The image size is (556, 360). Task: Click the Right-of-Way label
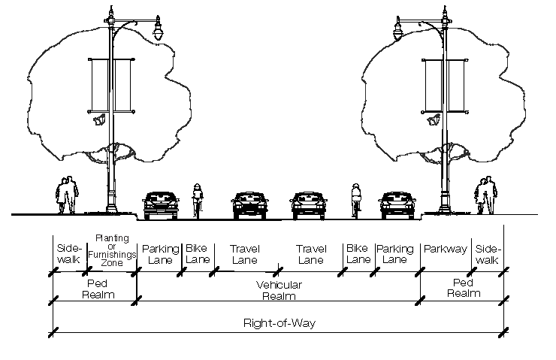pyautogui.click(x=279, y=324)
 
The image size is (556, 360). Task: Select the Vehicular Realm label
pyautogui.click(x=279, y=290)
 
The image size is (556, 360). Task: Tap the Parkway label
pyautogui.click(x=446, y=249)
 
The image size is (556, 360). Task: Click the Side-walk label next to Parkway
pyautogui.click(x=488, y=254)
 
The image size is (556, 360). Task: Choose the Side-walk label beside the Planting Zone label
pyautogui.click(x=69, y=254)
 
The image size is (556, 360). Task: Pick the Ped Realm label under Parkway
pyautogui.click(x=463, y=288)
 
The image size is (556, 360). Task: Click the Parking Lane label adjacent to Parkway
pyautogui.click(x=395, y=254)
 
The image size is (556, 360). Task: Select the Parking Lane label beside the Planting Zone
pyautogui.click(x=160, y=254)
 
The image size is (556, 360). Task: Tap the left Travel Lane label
pyautogui.click(x=245, y=254)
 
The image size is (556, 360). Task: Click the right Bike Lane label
pyautogui.click(x=358, y=254)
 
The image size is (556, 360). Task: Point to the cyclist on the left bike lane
pyautogui.click(x=198, y=200)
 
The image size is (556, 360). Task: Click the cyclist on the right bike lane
pyautogui.click(x=357, y=200)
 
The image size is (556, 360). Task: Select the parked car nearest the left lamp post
pyautogui.click(x=161, y=204)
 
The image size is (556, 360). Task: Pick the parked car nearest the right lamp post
pyautogui.click(x=397, y=204)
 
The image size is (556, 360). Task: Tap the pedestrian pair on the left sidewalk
pyautogui.click(x=68, y=195)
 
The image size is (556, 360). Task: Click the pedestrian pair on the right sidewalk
pyautogui.click(x=485, y=195)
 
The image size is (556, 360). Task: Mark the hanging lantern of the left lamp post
pyautogui.click(x=159, y=32)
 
